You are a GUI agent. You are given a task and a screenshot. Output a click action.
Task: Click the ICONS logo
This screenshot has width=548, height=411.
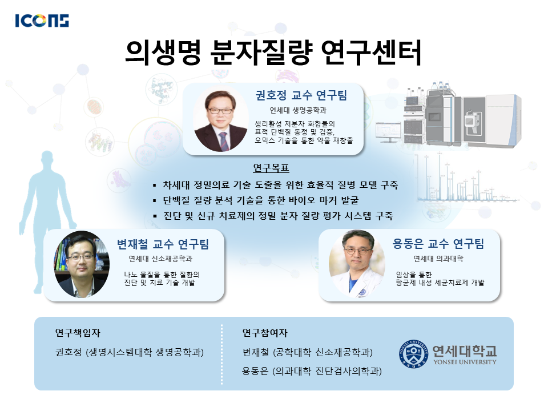[42, 21]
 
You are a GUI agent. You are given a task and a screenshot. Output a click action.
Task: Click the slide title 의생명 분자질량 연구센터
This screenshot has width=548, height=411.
[273, 53]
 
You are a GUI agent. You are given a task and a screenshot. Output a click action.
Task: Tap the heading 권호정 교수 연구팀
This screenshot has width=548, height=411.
[301, 95]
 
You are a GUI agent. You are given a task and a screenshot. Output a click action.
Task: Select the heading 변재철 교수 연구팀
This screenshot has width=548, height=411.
[163, 244]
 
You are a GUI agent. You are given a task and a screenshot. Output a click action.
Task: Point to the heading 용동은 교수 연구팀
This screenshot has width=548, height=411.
[438, 243]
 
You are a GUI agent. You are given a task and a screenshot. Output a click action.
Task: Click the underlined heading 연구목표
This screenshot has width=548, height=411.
[271, 168]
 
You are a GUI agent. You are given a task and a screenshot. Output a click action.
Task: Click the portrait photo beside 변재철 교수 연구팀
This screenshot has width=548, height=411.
[82, 264]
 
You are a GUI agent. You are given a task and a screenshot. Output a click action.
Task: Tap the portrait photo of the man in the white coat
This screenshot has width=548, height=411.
[357, 264]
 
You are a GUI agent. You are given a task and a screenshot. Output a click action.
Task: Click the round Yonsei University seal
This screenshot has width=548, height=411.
[414, 354]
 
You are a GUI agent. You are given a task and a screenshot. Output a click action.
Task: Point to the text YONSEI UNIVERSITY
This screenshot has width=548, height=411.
[465, 362]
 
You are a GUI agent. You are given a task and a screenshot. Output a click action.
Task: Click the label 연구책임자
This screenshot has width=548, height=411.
[78, 333]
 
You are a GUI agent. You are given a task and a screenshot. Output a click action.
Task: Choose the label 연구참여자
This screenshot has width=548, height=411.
[265, 333]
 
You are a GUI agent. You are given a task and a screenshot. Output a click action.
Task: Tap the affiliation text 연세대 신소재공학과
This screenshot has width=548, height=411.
[160, 259]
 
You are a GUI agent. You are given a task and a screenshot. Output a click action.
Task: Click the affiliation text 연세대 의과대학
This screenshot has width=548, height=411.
[438, 259]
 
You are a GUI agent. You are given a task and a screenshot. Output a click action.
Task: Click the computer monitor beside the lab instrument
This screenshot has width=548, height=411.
[389, 132]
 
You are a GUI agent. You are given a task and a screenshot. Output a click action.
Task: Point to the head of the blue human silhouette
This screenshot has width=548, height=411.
[47, 159]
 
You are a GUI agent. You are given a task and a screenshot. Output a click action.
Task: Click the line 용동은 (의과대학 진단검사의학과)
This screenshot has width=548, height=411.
[312, 371]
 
